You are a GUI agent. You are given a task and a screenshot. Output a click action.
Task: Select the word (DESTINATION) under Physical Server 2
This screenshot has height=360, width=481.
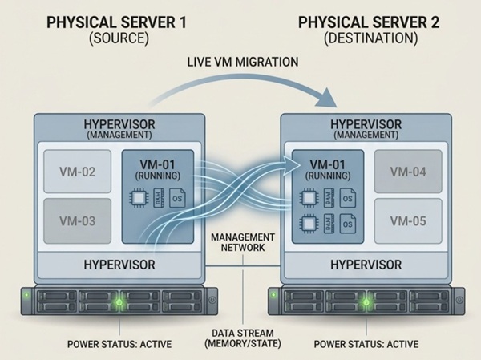369,37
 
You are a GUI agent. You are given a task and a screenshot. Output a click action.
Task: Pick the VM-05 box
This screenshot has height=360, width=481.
406,219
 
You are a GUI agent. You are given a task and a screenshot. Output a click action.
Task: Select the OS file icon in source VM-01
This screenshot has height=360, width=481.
180,196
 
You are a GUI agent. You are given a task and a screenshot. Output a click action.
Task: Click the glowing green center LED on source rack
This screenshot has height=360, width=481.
119,302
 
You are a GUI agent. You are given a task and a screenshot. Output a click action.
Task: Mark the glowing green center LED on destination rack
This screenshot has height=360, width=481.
367,302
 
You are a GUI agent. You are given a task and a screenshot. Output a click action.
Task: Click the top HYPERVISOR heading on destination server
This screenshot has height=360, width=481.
366,125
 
